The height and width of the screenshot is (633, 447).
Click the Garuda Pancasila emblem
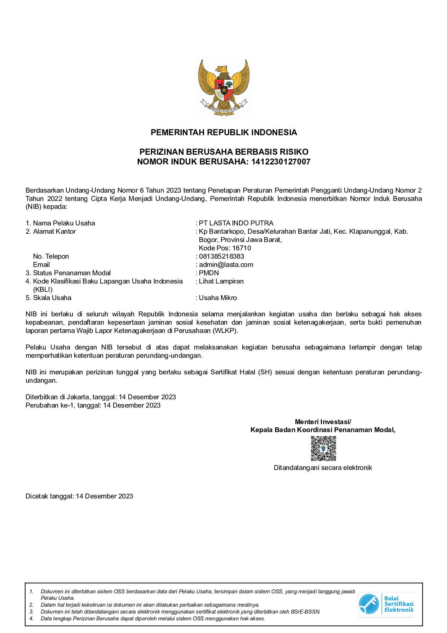(x=223, y=87)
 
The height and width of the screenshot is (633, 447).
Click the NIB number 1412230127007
(x=280, y=162)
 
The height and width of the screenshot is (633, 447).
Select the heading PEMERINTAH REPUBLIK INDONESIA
(x=223, y=132)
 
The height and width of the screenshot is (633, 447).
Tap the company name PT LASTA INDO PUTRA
(x=236, y=223)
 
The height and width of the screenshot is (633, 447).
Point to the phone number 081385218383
(x=221, y=256)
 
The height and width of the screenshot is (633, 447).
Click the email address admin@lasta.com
(x=226, y=264)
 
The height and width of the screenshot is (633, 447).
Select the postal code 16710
(x=242, y=248)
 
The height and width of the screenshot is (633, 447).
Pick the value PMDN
(x=209, y=273)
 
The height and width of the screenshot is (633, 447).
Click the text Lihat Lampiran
(x=221, y=281)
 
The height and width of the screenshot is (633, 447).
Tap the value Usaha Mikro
(x=218, y=298)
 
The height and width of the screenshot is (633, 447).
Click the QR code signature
(x=323, y=448)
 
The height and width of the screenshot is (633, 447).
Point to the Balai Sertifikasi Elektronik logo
(x=386, y=604)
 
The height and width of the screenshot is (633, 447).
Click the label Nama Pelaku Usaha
(x=64, y=223)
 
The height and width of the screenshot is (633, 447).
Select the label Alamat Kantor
(x=54, y=231)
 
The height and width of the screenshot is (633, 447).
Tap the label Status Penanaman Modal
(x=72, y=273)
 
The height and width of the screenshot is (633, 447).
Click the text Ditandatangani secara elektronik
(x=323, y=467)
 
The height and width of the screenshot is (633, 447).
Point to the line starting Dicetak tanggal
(x=79, y=496)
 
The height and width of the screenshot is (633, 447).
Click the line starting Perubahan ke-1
(x=93, y=405)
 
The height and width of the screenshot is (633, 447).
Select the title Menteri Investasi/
(x=323, y=422)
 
